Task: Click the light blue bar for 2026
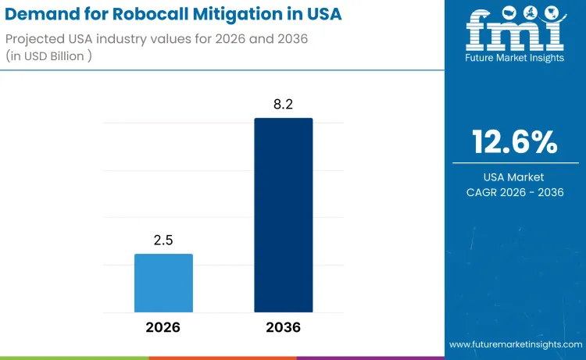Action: (163, 283)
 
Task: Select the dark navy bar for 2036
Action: (283, 215)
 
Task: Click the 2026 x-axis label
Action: (163, 328)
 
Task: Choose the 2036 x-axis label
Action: (283, 328)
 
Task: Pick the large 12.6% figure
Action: (514, 142)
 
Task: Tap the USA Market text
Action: (514, 177)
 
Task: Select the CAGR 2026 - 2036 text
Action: (514, 192)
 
